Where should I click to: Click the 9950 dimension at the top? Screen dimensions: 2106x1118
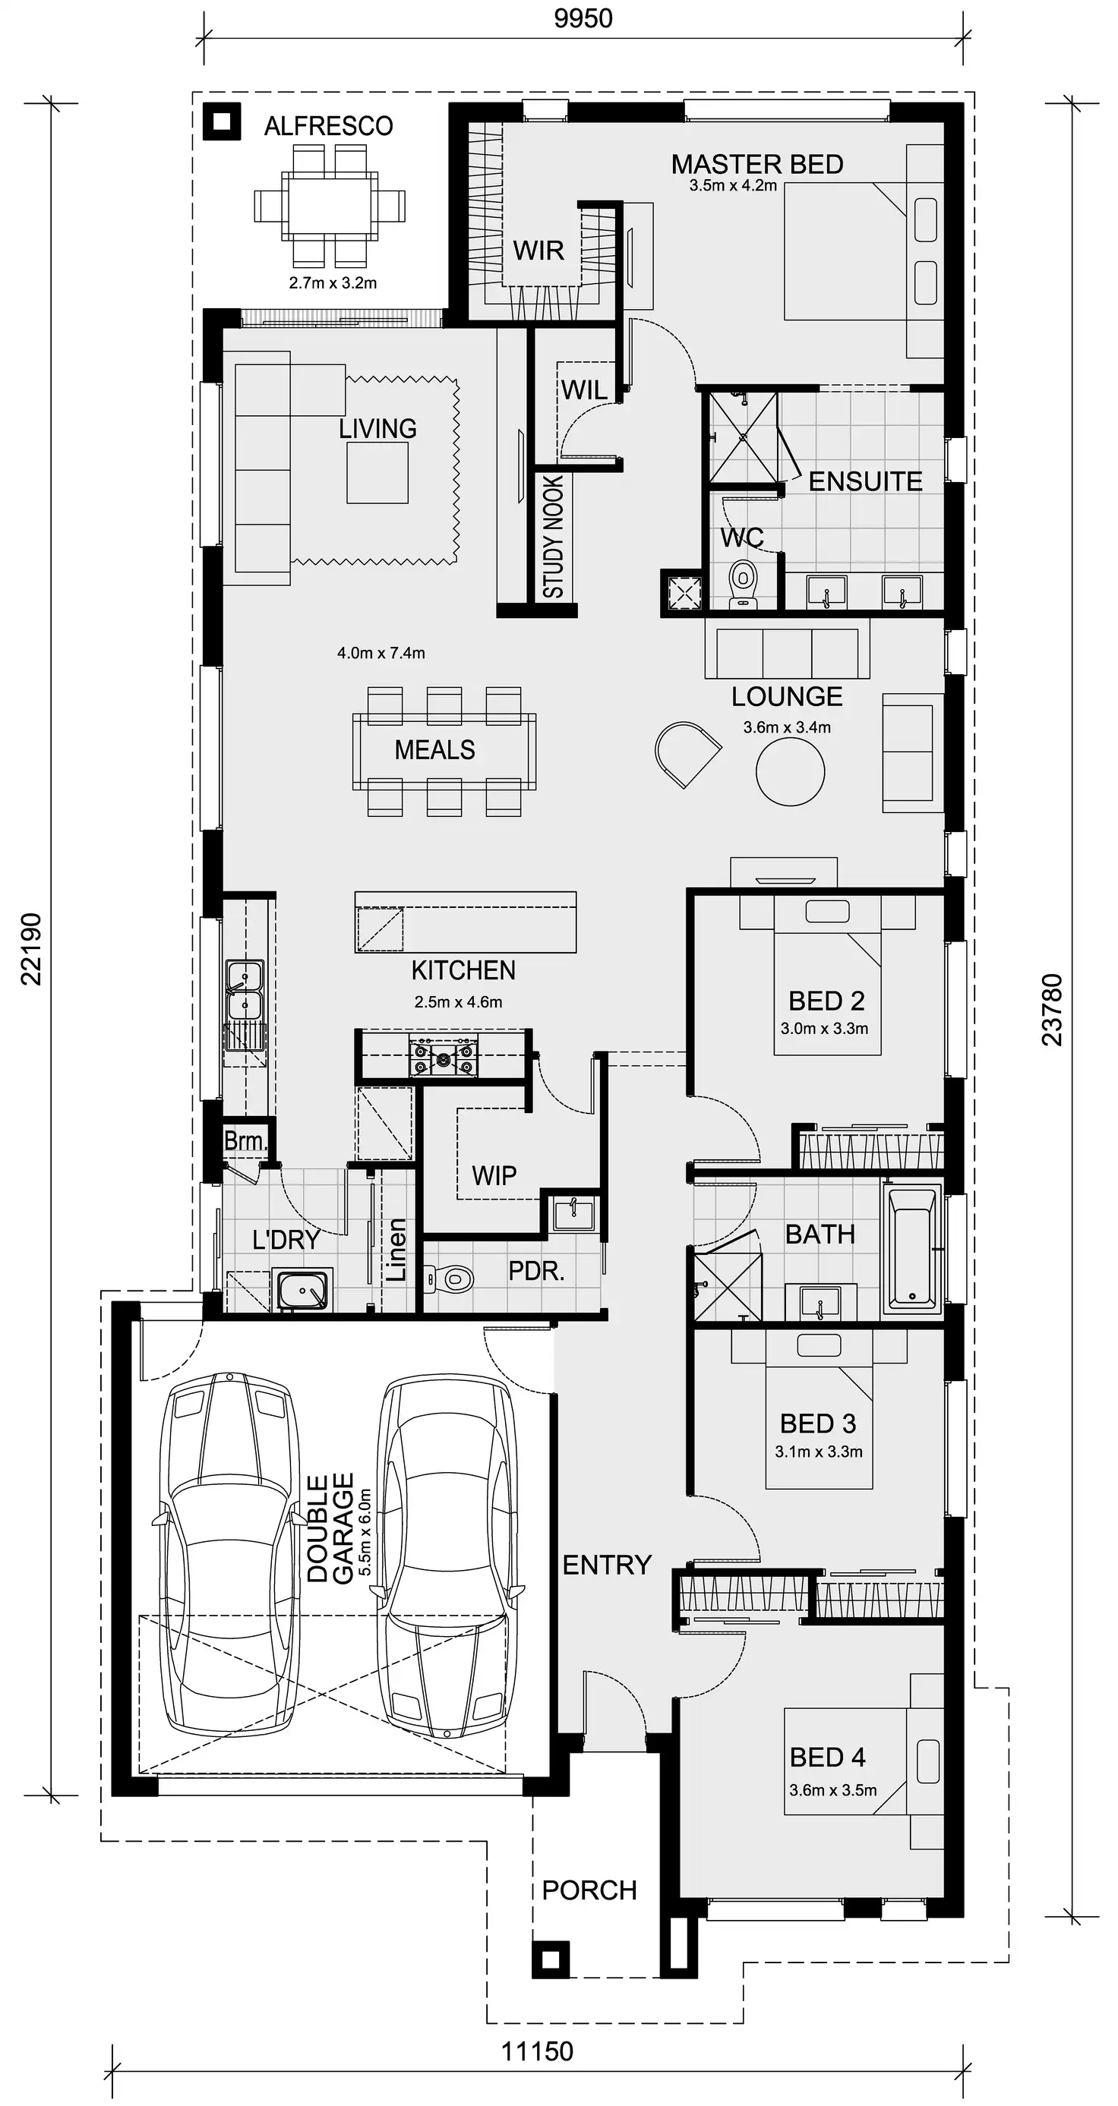[x=583, y=18]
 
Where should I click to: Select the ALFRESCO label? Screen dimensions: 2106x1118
[x=329, y=126]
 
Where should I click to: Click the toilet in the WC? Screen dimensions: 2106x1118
[x=743, y=583]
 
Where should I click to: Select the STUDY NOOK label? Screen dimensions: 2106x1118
[x=554, y=536]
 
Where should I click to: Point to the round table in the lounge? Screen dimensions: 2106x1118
[x=790, y=771]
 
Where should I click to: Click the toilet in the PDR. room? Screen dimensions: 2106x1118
[x=452, y=1277]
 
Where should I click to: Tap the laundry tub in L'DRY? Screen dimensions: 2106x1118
[x=302, y=1290]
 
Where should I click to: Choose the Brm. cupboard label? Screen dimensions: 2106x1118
[x=244, y=1140]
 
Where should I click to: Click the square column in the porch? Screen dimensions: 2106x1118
[x=551, y=1959]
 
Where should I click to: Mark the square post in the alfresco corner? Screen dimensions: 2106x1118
[x=222, y=121]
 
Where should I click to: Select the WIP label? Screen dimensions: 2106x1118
[x=494, y=1176]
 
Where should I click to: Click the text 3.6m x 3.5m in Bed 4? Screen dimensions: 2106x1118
[x=832, y=1789]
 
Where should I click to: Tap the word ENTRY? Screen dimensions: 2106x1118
[x=607, y=1565]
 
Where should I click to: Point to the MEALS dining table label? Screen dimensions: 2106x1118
[x=434, y=749]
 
